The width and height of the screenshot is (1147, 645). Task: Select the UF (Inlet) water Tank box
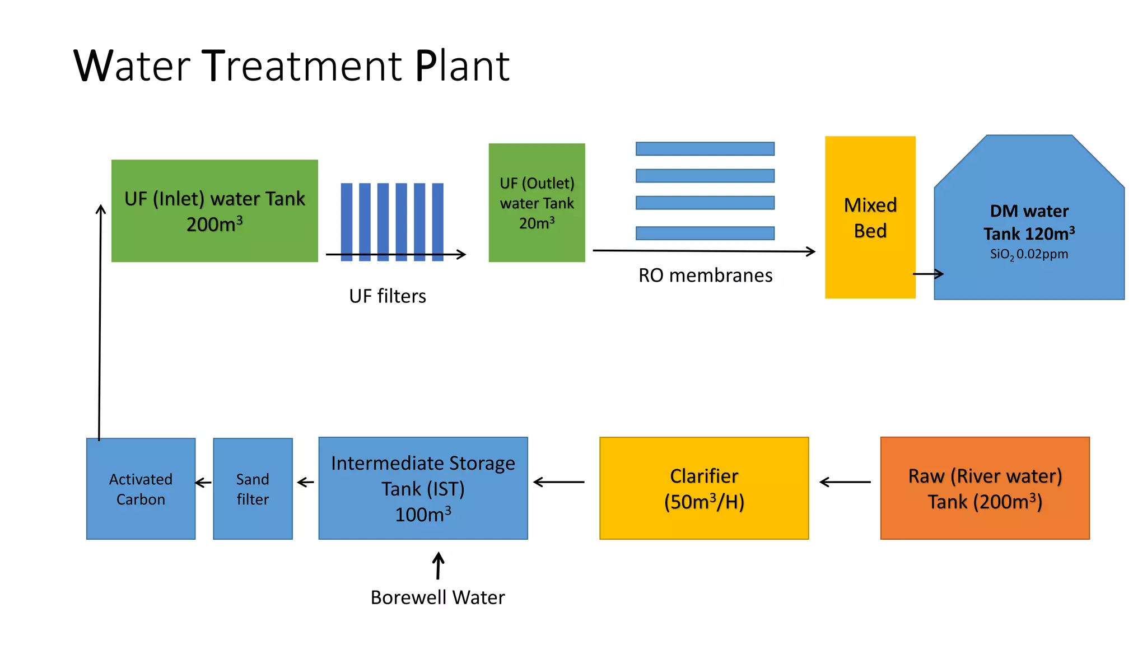[x=215, y=211]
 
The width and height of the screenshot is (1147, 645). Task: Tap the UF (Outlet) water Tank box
[x=537, y=203]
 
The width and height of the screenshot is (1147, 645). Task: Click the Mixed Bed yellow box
[x=870, y=217]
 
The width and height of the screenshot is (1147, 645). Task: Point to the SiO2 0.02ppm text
[x=1029, y=254]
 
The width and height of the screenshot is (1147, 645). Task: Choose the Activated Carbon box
[x=141, y=489]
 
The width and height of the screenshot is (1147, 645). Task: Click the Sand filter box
[x=253, y=489]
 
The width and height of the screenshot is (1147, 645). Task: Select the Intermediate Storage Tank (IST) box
[x=423, y=488]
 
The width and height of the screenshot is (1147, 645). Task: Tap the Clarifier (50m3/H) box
[x=704, y=488]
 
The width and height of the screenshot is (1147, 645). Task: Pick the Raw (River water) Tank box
[x=985, y=488]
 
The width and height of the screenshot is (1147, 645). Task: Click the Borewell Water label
[x=437, y=597]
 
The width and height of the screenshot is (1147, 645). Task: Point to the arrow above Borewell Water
[x=439, y=565]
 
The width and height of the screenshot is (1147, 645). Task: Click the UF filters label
[x=388, y=296]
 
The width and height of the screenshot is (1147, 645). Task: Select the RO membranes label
[x=705, y=275]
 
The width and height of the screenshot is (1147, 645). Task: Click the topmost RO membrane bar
[x=705, y=148]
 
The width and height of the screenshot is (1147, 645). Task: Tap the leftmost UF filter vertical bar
[x=347, y=221]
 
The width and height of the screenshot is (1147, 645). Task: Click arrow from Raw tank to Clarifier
[x=845, y=482]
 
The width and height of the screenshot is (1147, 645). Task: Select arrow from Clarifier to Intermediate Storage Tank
[x=559, y=482]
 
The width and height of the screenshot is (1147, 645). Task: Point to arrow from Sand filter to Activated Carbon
[x=203, y=482]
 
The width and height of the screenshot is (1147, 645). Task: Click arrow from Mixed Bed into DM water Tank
[x=928, y=274]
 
